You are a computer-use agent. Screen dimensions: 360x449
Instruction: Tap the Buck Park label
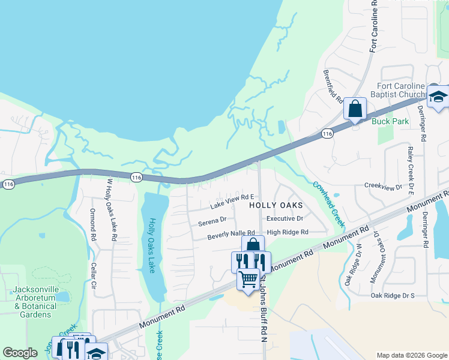390,121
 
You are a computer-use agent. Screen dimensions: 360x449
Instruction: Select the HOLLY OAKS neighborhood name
276,205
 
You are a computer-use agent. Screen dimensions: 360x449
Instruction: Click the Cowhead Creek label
328,204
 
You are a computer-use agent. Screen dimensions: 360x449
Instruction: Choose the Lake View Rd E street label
232,201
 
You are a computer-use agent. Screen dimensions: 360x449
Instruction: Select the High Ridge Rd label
288,232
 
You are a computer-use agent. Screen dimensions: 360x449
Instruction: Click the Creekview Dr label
383,187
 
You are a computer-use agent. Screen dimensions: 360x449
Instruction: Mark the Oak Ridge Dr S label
393,295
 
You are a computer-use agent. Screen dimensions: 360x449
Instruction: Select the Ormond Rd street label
93,224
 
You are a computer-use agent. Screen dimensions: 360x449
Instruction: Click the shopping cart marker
248,279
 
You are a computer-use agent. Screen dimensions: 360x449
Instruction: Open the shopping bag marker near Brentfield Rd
355,109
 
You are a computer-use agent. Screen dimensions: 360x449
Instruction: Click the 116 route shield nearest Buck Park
327,133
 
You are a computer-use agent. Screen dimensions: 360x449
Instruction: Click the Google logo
20,353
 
